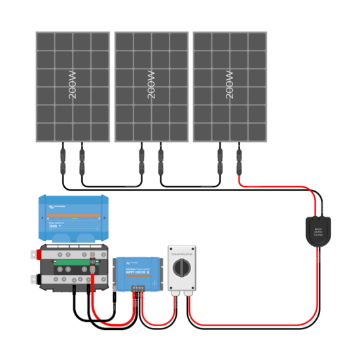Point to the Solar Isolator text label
pos(181,249)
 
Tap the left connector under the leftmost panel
pos(63,158)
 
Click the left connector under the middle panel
pos(141,158)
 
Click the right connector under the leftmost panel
pos(82,158)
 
